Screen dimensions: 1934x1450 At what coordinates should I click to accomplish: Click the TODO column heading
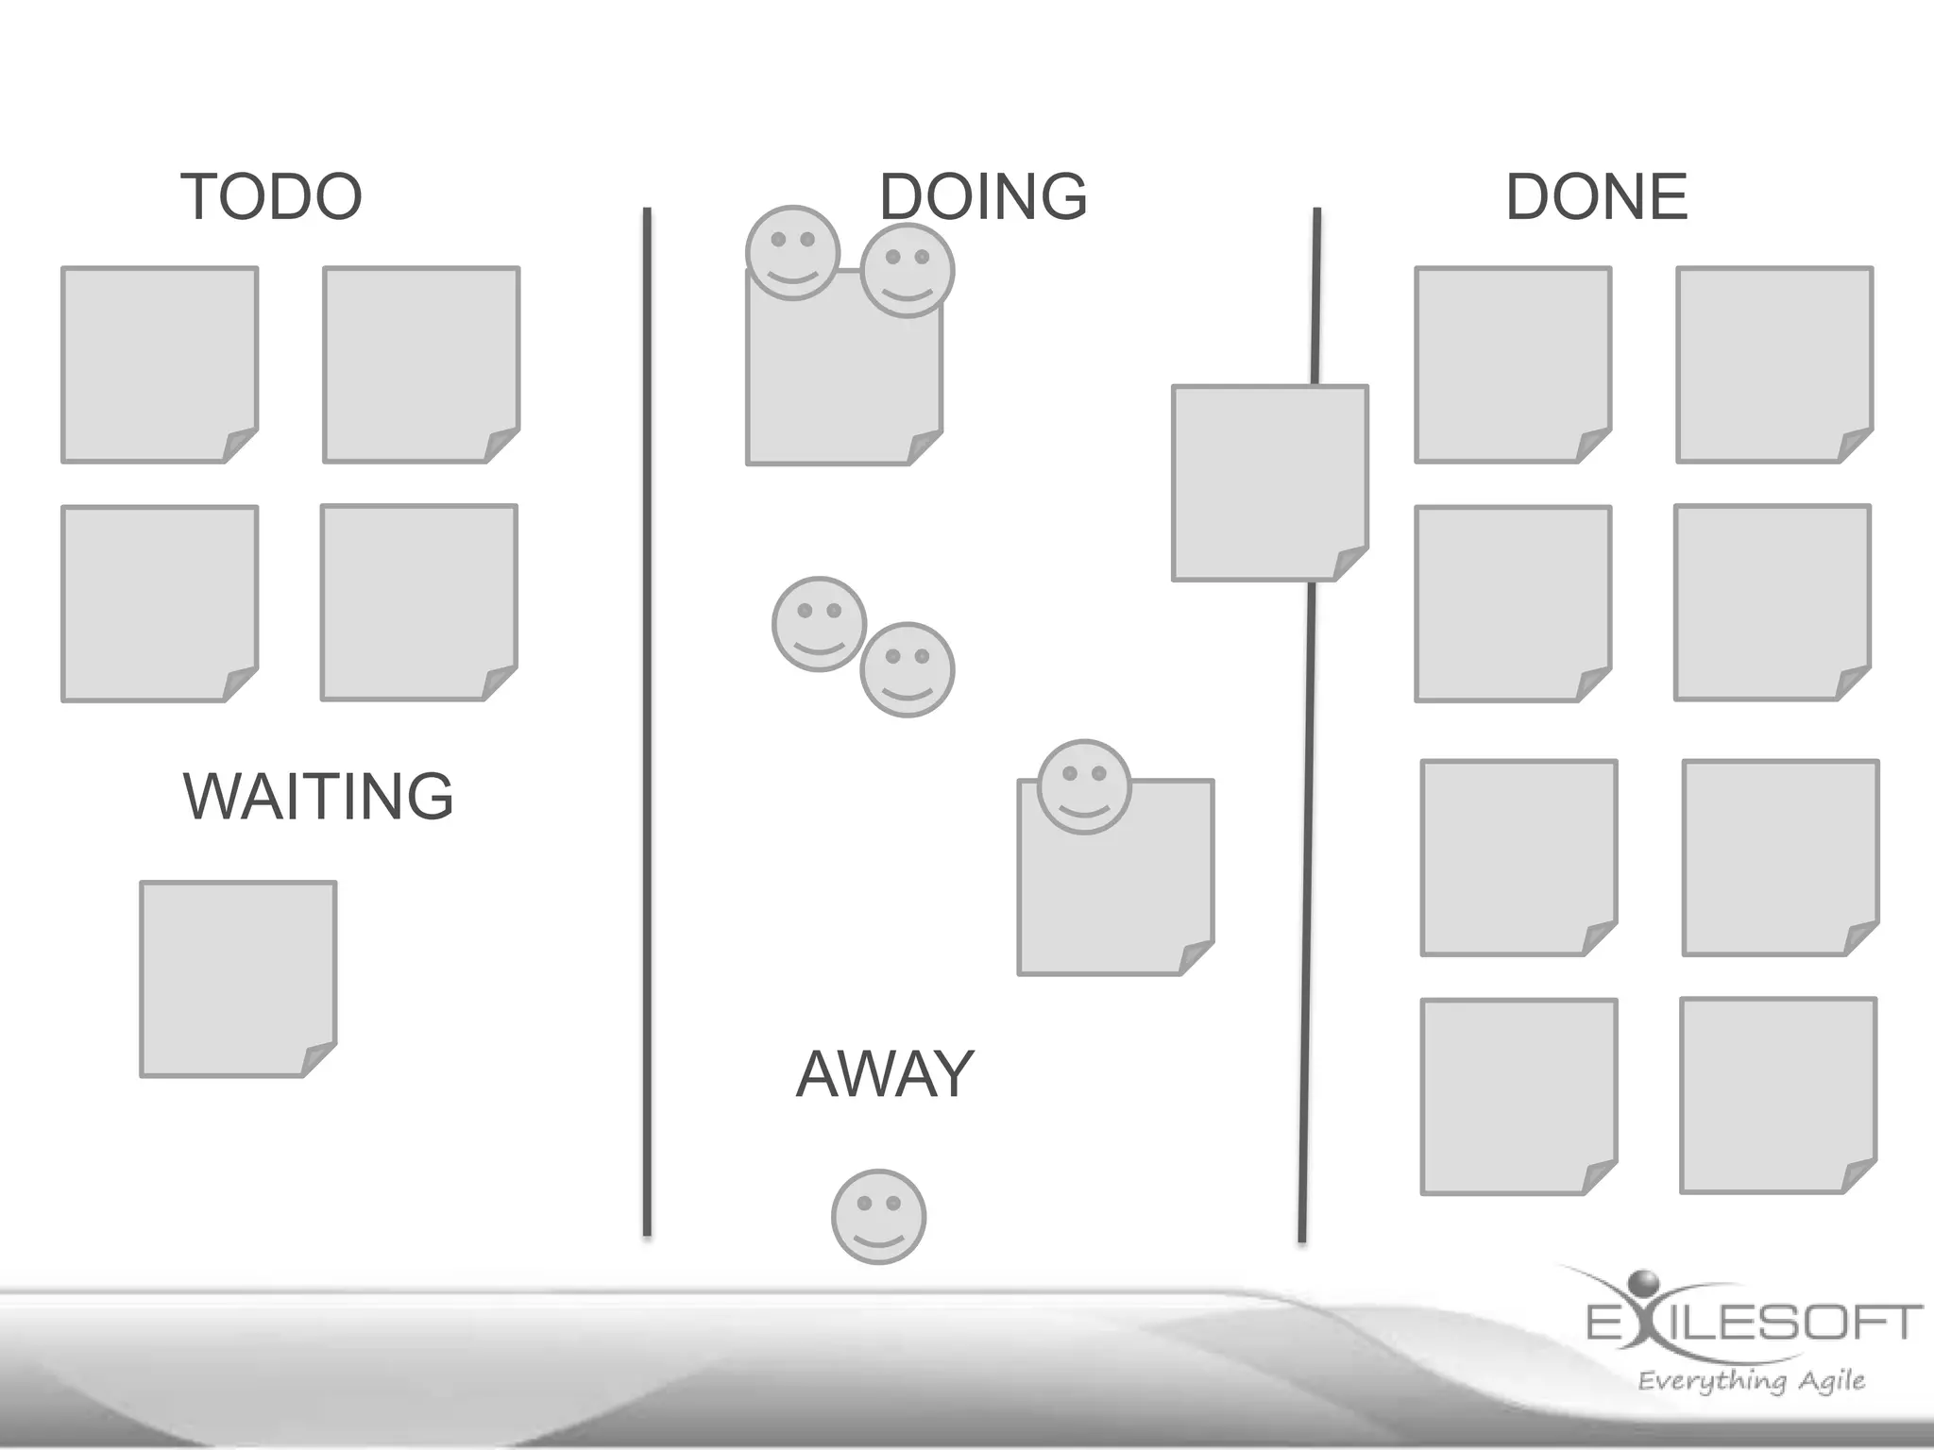[271, 196]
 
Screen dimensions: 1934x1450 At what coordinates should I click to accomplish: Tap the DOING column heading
[983, 196]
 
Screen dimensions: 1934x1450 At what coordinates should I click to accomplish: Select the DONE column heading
[1596, 196]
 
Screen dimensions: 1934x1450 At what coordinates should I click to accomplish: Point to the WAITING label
[318, 797]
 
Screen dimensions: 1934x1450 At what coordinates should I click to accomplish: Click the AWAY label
[885, 1074]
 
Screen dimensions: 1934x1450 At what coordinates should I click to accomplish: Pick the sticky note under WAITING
[238, 979]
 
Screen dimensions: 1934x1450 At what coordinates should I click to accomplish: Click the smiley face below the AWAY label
[878, 1217]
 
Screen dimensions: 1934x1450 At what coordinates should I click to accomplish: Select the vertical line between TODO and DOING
[647, 717]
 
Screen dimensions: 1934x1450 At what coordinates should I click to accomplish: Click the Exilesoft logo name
[1755, 1322]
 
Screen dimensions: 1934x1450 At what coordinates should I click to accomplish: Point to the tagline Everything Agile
[1751, 1381]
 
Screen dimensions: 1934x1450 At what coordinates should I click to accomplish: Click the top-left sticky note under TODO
[160, 364]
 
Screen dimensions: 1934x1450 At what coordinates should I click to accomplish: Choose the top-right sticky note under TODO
[421, 364]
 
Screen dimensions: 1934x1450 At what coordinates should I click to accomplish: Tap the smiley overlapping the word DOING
[908, 271]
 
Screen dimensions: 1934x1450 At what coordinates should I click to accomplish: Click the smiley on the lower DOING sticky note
[1084, 786]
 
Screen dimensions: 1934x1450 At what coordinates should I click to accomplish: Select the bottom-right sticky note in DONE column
[1778, 1095]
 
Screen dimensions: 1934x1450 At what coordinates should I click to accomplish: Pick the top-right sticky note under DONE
[1774, 364]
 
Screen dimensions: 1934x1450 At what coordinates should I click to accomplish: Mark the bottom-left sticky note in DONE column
[1518, 1097]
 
